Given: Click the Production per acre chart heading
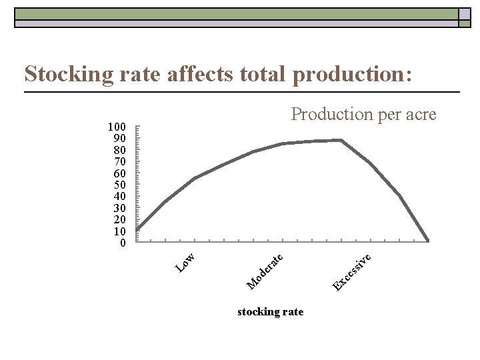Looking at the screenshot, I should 363,115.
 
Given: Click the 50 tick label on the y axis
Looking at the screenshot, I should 120,185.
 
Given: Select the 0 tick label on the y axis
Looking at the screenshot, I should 123,243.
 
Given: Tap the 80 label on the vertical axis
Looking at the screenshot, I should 120,150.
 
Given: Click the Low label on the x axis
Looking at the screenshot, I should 185,262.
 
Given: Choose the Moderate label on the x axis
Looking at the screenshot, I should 265,271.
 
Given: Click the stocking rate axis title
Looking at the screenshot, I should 270,312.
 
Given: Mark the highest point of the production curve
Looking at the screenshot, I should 341,140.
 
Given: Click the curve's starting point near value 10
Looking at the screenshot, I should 137,230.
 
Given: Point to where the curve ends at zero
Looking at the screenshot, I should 428,241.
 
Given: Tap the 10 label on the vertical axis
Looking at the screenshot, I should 120,231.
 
